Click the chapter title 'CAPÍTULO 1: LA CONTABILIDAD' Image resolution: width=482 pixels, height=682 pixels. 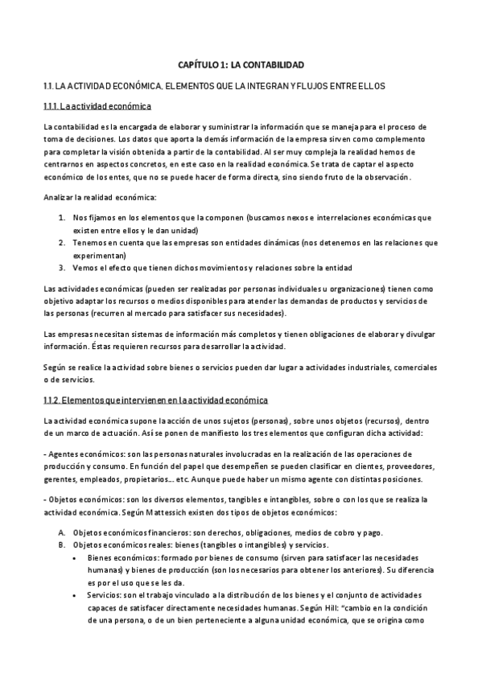[241, 63]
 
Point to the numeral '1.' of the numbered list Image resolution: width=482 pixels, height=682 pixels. [62, 217]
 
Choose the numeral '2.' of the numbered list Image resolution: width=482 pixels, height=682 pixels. [62, 242]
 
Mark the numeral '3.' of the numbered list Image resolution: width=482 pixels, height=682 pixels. [62, 267]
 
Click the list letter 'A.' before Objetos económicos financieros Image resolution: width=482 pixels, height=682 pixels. [61, 532]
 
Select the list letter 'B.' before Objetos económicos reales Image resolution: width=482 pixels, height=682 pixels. [61, 544]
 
